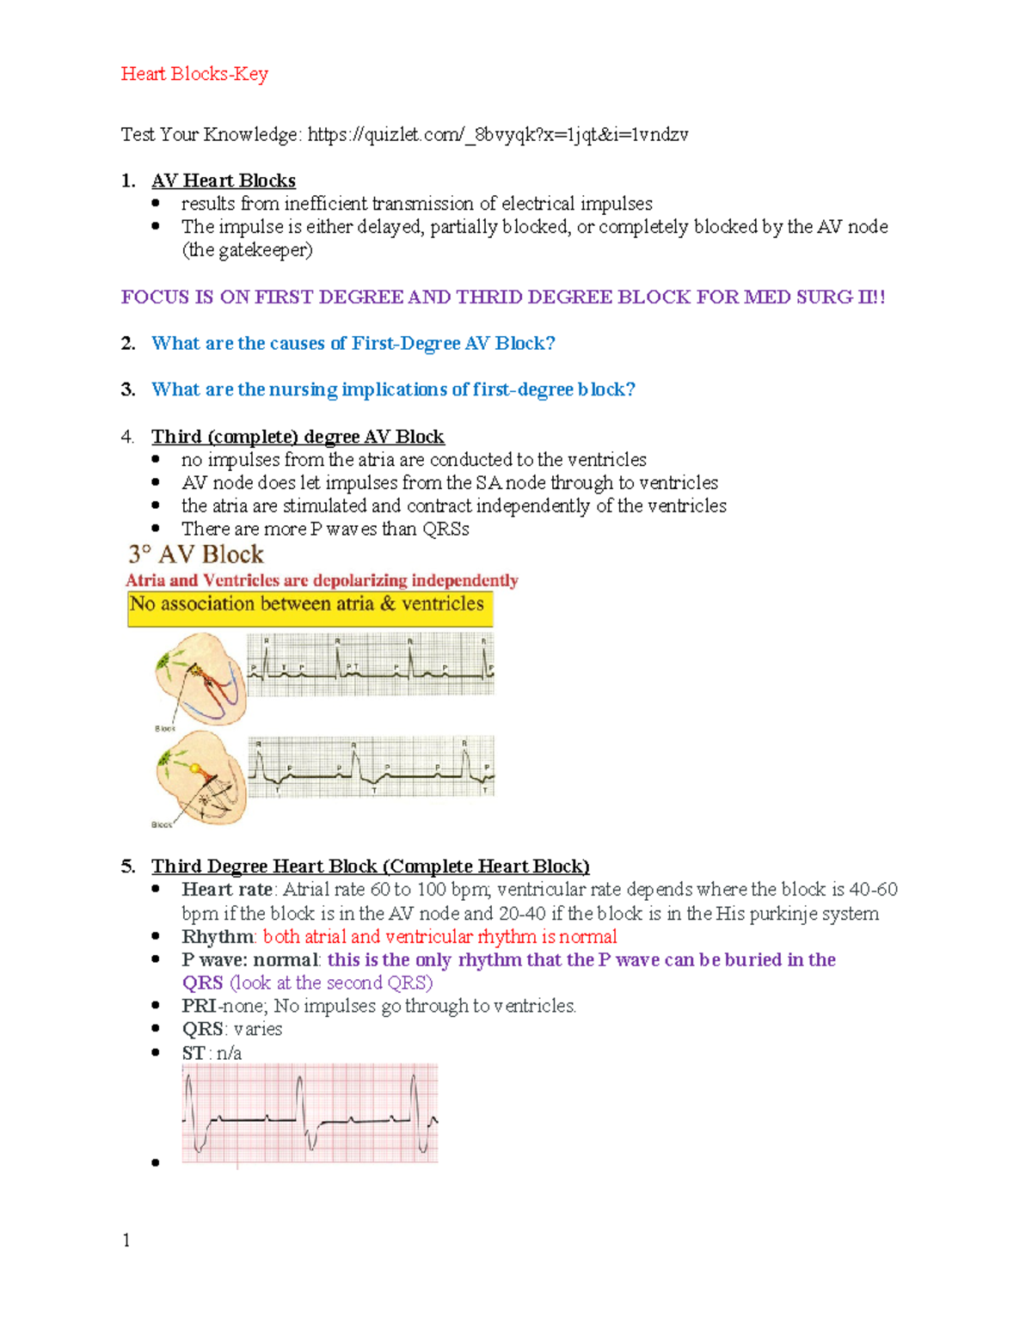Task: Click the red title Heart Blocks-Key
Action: [194, 74]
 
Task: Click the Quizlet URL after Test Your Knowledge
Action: [498, 134]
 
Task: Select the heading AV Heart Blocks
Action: [224, 181]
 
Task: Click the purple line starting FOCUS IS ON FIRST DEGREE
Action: [503, 297]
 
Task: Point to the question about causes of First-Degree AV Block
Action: [353, 344]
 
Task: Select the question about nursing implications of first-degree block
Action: [393, 390]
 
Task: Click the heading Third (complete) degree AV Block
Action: [298, 437]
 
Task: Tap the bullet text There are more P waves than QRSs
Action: [325, 530]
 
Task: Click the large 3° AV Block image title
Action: [196, 554]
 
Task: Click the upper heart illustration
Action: [200, 677]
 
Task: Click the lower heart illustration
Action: [200, 777]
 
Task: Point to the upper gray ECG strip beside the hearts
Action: [371, 664]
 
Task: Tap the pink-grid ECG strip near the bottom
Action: [310, 1113]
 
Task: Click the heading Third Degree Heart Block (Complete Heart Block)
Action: [371, 867]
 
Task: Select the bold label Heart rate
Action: [227, 890]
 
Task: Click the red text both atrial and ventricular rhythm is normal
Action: [439, 937]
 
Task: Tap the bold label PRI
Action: [199, 1007]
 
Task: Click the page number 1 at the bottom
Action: [126, 1240]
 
